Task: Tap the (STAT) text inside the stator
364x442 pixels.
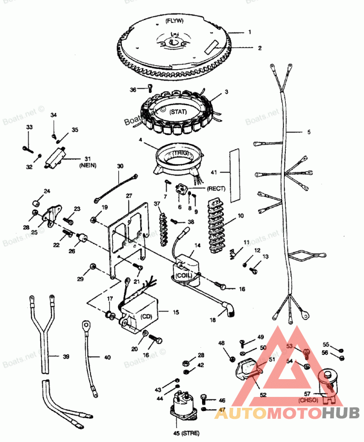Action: [179, 112]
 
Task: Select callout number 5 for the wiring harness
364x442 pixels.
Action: [308, 132]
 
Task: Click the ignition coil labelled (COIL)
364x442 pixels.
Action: [184, 269]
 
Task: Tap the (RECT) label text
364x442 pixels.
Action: [217, 188]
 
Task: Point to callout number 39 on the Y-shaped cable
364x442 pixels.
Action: [66, 356]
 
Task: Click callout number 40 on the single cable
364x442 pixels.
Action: [107, 358]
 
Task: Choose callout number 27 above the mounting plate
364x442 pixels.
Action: [129, 196]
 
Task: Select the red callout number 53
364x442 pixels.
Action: [289, 346]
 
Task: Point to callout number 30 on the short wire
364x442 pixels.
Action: [120, 167]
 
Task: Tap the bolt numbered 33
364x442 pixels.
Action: [28, 147]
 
